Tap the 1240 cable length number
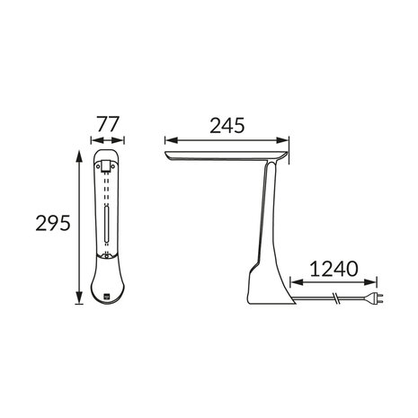(x=334, y=268)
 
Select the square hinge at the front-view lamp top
(x=106, y=166)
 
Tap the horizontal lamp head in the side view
(x=225, y=158)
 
